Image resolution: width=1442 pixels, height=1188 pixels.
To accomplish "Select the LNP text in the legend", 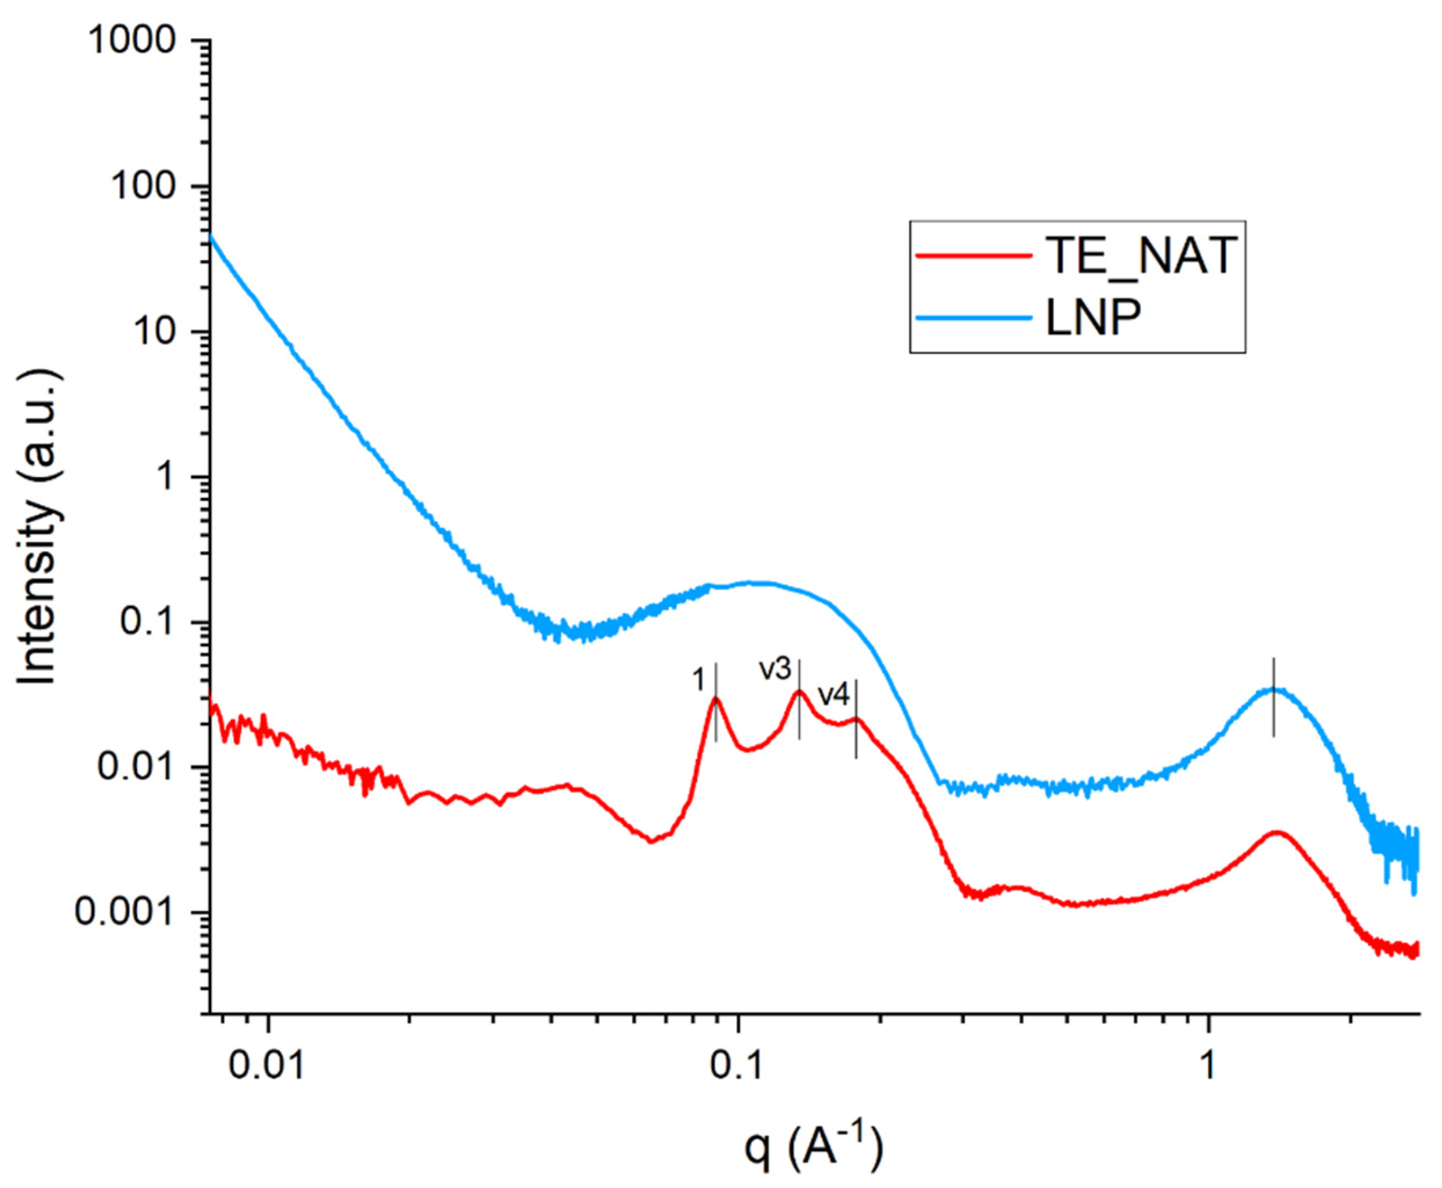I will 1094,317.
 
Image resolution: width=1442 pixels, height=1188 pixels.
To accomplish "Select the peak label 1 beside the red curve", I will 697,680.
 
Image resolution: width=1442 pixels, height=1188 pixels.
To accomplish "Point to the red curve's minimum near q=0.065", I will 651,841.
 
